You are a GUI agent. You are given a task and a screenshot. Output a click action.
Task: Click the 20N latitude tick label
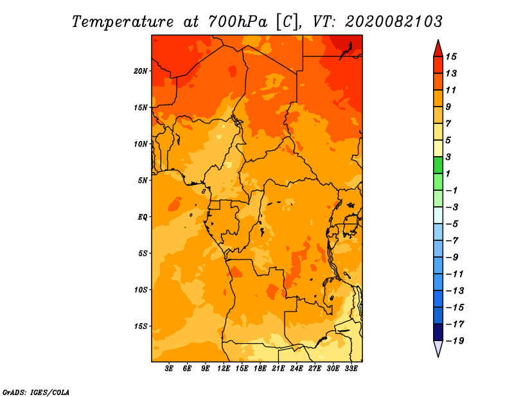click(x=141, y=71)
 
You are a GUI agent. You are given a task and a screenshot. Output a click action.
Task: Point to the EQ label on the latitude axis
click(x=143, y=216)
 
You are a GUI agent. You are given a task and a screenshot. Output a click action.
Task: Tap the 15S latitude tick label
click(x=141, y=326)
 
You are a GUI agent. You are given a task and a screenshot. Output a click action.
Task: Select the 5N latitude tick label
click(x=143, y=180)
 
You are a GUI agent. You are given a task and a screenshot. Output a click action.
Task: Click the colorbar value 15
click(x=450, y=57)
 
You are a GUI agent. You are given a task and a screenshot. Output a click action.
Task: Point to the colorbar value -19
click(x=453, y=340)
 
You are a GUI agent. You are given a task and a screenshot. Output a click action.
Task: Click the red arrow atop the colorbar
click(x=438, y=48)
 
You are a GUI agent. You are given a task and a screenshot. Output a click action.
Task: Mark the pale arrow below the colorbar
click(x=438, y=348)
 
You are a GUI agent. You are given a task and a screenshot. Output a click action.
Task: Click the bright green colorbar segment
click(x=438, y=165)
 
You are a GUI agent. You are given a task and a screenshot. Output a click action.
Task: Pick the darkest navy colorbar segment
click(x=438, y=332)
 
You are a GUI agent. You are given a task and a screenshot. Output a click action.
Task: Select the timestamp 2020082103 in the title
click(x=394, y=21)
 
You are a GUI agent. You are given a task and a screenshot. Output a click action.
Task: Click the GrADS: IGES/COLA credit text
click(x=36, y=391)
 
